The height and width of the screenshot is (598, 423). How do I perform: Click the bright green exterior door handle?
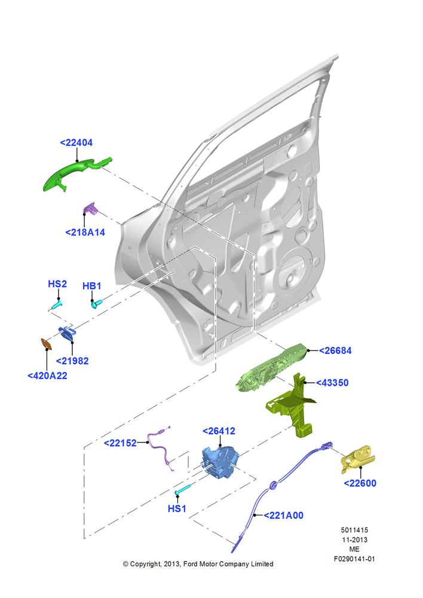tap(72, 173)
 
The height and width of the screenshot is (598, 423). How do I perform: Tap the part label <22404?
tap(76, 143)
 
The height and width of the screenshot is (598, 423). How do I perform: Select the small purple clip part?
tap(90, 209)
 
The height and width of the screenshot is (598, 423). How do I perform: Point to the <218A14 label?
tap(85, 232)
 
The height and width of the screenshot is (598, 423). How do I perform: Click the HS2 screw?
tap(57, 305)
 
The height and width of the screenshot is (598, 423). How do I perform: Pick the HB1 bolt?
tap(97, 304)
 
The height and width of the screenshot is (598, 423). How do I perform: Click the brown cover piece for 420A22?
tap(47, 344)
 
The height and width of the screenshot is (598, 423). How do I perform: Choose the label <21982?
tap(72, 361)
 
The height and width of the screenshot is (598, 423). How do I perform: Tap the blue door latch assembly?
tap(220, 462)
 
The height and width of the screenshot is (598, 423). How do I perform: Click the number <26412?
tap(219, 431)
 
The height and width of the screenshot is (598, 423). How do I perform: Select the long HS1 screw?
tap(183, 490)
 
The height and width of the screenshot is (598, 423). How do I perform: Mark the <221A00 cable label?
tap(284, 515)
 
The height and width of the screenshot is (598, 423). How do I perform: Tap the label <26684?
tap(335, 351)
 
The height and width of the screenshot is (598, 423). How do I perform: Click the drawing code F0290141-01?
tap(354, 559)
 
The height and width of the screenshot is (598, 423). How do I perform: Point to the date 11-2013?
tap(354, 539)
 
